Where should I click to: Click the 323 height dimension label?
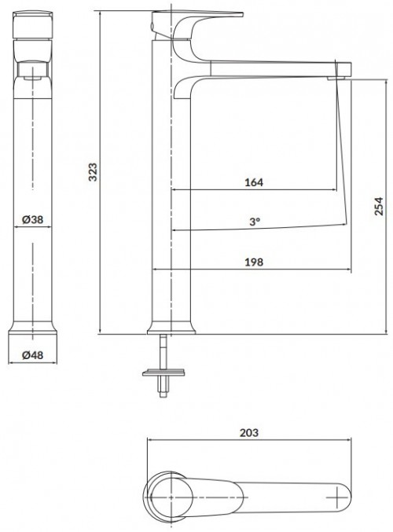tap(93, 173)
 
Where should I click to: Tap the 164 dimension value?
tap(253, 182)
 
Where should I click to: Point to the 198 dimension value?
tap(253, 262)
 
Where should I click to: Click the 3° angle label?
tap(254, 222)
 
